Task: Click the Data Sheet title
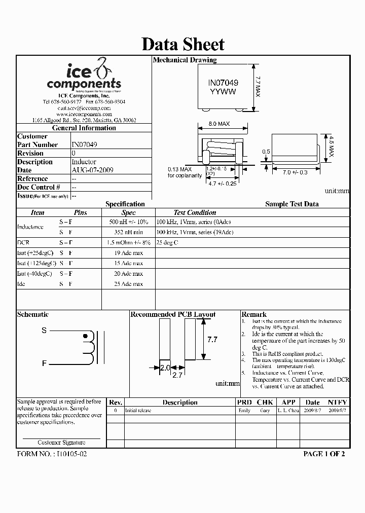[x=182, y=44]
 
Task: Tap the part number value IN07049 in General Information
[x=85, y=144]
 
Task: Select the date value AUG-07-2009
[x=92, y=170]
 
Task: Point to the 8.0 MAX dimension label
[x=219, y=124]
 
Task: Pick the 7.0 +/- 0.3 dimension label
[x=295, y=173]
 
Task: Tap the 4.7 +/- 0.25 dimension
[x=223, y=184]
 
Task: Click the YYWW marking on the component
[x=223, y=92]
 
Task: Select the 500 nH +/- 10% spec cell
[x=128, y=222]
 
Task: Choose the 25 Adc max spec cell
[x=128, y=284]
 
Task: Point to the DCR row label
[x=23, y=243]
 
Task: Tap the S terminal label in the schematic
[x=44, y=331]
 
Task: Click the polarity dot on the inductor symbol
[x=85, y=336]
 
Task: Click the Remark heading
[x=254, y=314]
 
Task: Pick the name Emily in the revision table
[x=244, y=411]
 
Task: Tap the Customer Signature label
[x=61, y=443]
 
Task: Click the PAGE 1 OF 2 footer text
[x=324, y=454]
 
